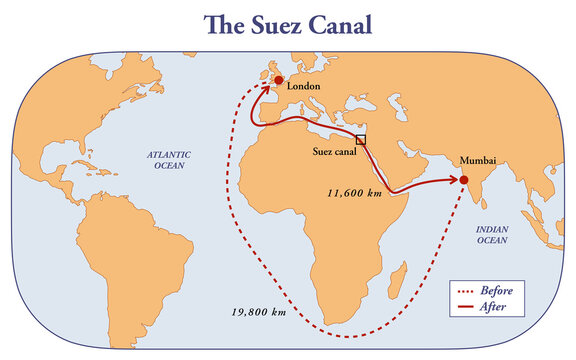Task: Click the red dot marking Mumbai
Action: [x=464, y=180]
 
